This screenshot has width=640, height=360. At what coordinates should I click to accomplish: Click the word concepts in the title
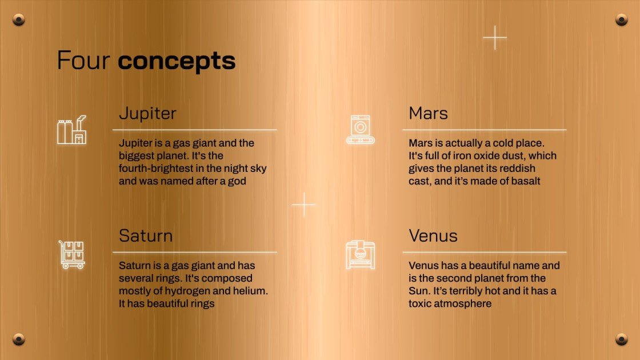177,61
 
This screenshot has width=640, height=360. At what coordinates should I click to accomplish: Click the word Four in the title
84,61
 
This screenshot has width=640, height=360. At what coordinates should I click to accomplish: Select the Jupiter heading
147,113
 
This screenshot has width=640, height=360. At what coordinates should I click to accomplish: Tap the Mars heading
428,113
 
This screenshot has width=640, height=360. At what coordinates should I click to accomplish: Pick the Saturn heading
146,235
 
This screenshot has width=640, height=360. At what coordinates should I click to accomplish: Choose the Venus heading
433,235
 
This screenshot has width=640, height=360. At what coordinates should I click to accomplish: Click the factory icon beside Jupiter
72,130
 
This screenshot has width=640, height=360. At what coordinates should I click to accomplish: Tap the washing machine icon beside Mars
361,129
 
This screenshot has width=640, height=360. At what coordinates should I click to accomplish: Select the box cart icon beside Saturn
72,255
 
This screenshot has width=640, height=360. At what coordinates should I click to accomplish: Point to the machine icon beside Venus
361,255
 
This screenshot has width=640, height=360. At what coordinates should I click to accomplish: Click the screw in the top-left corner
19,21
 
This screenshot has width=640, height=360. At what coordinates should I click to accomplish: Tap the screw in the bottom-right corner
621,339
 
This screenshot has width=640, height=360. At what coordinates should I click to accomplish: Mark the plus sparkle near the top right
495,38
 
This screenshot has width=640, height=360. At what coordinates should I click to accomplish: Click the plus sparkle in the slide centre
304,205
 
